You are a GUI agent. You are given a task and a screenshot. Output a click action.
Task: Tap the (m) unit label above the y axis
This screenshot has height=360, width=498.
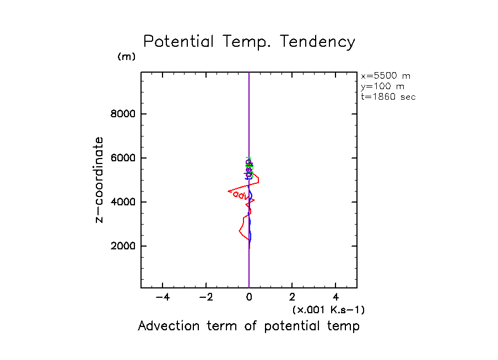point(126,57)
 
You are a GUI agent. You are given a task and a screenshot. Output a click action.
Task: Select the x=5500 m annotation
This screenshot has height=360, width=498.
point(385,76)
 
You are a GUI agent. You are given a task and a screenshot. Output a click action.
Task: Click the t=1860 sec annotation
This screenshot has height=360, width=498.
point(388,97)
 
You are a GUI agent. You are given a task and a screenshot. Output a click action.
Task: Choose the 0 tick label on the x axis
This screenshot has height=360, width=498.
point(249,298)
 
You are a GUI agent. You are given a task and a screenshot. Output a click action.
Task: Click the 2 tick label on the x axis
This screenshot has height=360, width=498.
point(292,298)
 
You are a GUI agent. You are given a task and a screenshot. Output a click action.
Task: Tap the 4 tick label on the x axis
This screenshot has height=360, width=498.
point(335,298)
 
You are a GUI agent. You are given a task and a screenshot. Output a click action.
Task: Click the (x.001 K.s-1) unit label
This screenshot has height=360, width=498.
point(328,310)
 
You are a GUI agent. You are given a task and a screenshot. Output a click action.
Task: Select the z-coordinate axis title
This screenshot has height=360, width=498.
point(100,180)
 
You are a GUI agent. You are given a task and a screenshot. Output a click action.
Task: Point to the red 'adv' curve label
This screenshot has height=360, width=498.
point(241,196)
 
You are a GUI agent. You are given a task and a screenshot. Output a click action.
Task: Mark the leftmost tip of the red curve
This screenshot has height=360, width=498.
point(228,191)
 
